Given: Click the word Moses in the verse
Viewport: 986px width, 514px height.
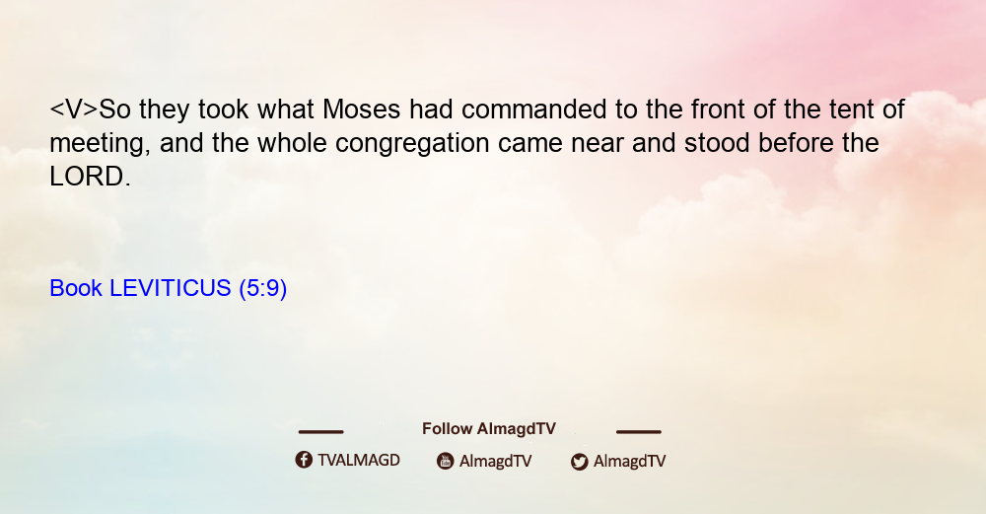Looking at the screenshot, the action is (x=361, y=110).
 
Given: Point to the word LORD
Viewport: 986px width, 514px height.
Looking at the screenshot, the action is (x=90, y=177).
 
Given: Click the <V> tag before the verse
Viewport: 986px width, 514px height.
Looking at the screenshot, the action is (x=74, y=110).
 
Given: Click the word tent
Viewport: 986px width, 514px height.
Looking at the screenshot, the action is (x=851, y=110).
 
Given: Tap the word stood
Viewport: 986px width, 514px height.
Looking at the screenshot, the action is (x=717, y=143).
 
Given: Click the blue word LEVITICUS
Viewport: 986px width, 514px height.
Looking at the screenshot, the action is (x=171, y=288).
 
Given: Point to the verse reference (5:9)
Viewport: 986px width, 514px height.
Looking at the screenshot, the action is (x=263, y=289).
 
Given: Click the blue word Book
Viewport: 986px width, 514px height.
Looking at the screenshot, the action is (x=76, y=288).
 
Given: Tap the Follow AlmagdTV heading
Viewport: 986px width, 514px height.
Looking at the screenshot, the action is (x=489, y=429).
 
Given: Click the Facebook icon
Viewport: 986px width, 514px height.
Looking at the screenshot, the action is (x=304, y=460).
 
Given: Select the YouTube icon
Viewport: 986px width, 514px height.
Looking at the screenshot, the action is (x=446, y=461).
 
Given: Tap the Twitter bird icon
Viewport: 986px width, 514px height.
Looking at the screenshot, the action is (x=579, y=462).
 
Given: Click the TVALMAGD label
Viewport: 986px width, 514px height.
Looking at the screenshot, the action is (x=359, y=461).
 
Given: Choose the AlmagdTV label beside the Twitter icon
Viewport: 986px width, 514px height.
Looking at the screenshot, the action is (x=629, y=462).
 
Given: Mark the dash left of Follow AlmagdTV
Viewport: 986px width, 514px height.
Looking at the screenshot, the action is (x=320, y=432).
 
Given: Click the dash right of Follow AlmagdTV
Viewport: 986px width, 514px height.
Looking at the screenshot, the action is (x=639, y=432).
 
